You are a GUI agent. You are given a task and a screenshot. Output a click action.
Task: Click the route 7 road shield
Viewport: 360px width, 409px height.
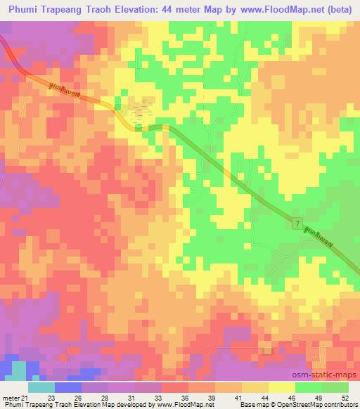(297, 223)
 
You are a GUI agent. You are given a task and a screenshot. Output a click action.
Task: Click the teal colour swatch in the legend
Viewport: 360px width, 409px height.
(41, 388)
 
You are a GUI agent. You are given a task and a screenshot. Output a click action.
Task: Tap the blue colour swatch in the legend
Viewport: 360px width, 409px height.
(68, 388)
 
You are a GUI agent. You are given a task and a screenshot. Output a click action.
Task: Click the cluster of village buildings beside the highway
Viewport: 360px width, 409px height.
(141, 109)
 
